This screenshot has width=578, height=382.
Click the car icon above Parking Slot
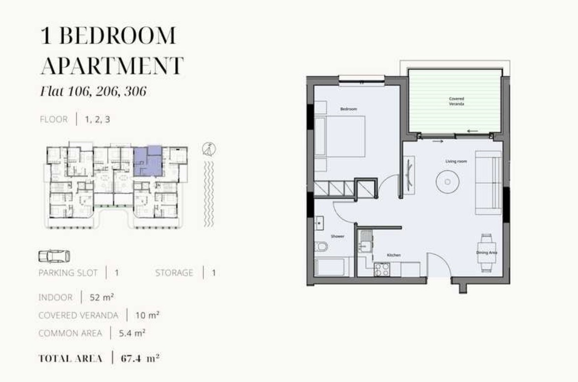54,256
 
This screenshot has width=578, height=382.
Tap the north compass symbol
209,149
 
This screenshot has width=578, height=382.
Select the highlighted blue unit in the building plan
148,161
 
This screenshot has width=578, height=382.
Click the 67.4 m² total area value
140,358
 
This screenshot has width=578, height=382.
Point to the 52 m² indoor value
102,297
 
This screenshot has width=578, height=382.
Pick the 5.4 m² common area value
132,333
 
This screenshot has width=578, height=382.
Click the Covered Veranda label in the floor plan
456,101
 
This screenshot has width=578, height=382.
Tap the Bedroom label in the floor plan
348,109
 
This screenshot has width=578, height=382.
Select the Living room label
456,161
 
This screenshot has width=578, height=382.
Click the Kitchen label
394,255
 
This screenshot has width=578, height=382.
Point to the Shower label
337,236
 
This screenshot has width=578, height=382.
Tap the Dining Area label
487,253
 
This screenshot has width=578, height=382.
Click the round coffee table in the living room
447,181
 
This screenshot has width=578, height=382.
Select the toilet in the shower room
321,246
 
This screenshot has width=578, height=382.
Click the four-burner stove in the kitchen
382,269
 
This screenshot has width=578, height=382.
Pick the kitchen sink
365,242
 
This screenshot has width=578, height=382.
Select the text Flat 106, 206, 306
93,91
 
